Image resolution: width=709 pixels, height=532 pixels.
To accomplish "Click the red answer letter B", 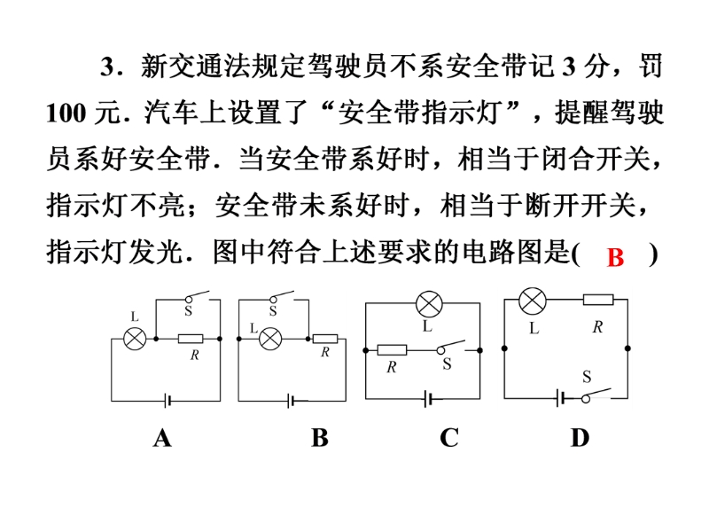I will coord(616,258).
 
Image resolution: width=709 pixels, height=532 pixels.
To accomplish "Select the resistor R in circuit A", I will coord(191,339).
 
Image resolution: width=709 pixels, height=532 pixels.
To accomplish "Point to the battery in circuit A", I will coord(167,401).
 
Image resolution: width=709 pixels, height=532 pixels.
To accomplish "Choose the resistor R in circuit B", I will coord(324,338).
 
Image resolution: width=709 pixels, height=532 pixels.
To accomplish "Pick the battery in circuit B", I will coord(292,401).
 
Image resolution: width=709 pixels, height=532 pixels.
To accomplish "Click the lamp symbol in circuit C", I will coord(430,304).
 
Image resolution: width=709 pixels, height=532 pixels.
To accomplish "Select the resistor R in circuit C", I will coord(391,350).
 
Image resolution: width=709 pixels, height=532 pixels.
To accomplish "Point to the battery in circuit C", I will coord(430,401).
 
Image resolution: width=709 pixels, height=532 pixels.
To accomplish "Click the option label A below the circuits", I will coord(161,438).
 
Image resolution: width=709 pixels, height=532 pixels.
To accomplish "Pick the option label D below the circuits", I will coord(580,438).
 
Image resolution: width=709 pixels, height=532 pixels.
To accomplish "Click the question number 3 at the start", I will coord(108,66).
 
